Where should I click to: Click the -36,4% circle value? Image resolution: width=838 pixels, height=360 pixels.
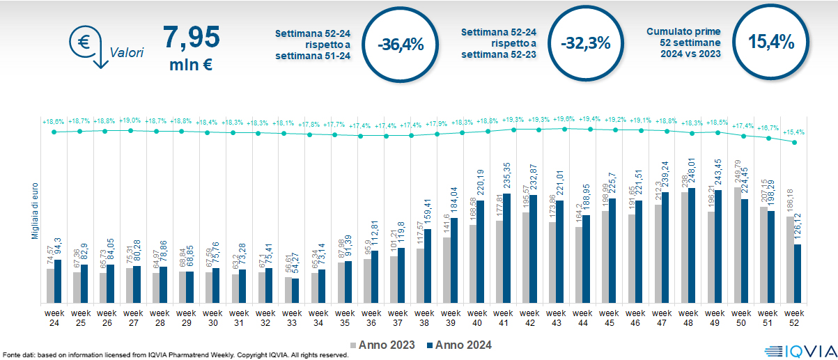(401, 44)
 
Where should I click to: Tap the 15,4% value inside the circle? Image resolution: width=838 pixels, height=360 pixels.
(771, 42)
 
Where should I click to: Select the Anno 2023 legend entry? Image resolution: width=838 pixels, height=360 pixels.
(386, 345)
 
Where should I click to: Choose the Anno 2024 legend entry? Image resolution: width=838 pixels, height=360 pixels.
(459, 345)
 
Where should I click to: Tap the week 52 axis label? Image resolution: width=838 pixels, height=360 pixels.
(794, 317)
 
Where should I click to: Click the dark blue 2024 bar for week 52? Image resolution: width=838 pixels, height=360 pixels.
(798, 274)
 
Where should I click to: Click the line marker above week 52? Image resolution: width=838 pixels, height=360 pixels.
(795, 142)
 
